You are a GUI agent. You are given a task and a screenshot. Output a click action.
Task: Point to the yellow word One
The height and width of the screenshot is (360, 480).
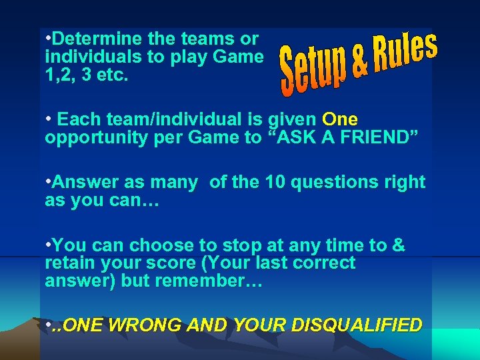point(340,119)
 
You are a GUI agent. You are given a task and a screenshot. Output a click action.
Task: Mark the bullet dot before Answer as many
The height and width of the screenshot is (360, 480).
point(48,181)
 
